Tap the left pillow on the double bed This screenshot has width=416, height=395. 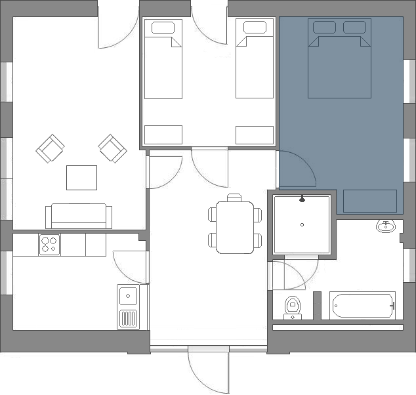click(324, 27)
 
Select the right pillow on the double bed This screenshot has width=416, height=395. click(355, 27)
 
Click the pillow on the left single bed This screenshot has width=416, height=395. click(163, 28)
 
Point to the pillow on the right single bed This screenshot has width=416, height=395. click(254, 28)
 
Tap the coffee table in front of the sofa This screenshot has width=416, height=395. click(81, 177)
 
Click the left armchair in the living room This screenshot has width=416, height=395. click(50, 150)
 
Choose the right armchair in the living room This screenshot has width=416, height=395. click(112, 149)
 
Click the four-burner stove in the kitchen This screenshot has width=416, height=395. click(49, 245)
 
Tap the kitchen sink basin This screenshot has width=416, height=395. click(128, 296)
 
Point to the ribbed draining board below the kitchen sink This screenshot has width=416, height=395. click(128, 320)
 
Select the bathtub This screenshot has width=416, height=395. click(363, 306)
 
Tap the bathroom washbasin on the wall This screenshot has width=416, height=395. click(386, 227)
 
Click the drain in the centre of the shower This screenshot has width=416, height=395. click(302, 225)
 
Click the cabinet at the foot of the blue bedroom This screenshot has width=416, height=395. click(370, 201)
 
